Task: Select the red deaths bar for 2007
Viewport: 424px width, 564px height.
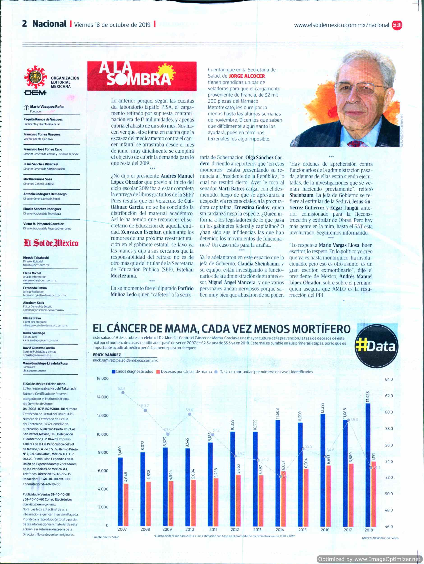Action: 126,505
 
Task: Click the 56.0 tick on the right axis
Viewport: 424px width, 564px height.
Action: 389,445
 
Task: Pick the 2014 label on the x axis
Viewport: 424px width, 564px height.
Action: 280,529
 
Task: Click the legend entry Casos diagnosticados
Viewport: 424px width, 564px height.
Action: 132,372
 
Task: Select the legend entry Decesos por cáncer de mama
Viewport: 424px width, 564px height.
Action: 184,372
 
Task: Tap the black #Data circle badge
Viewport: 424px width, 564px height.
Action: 377,346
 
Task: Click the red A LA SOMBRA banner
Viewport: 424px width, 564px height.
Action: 142,76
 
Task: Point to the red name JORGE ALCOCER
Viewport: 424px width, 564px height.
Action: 247,76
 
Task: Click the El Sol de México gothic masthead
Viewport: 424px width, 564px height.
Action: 51,243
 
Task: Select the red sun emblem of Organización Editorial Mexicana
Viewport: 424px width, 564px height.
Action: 35,77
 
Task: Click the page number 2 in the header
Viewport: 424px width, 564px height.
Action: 25,24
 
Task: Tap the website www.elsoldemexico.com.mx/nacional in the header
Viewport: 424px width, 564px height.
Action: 341,25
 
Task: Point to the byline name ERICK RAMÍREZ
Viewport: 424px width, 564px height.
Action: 107,355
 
